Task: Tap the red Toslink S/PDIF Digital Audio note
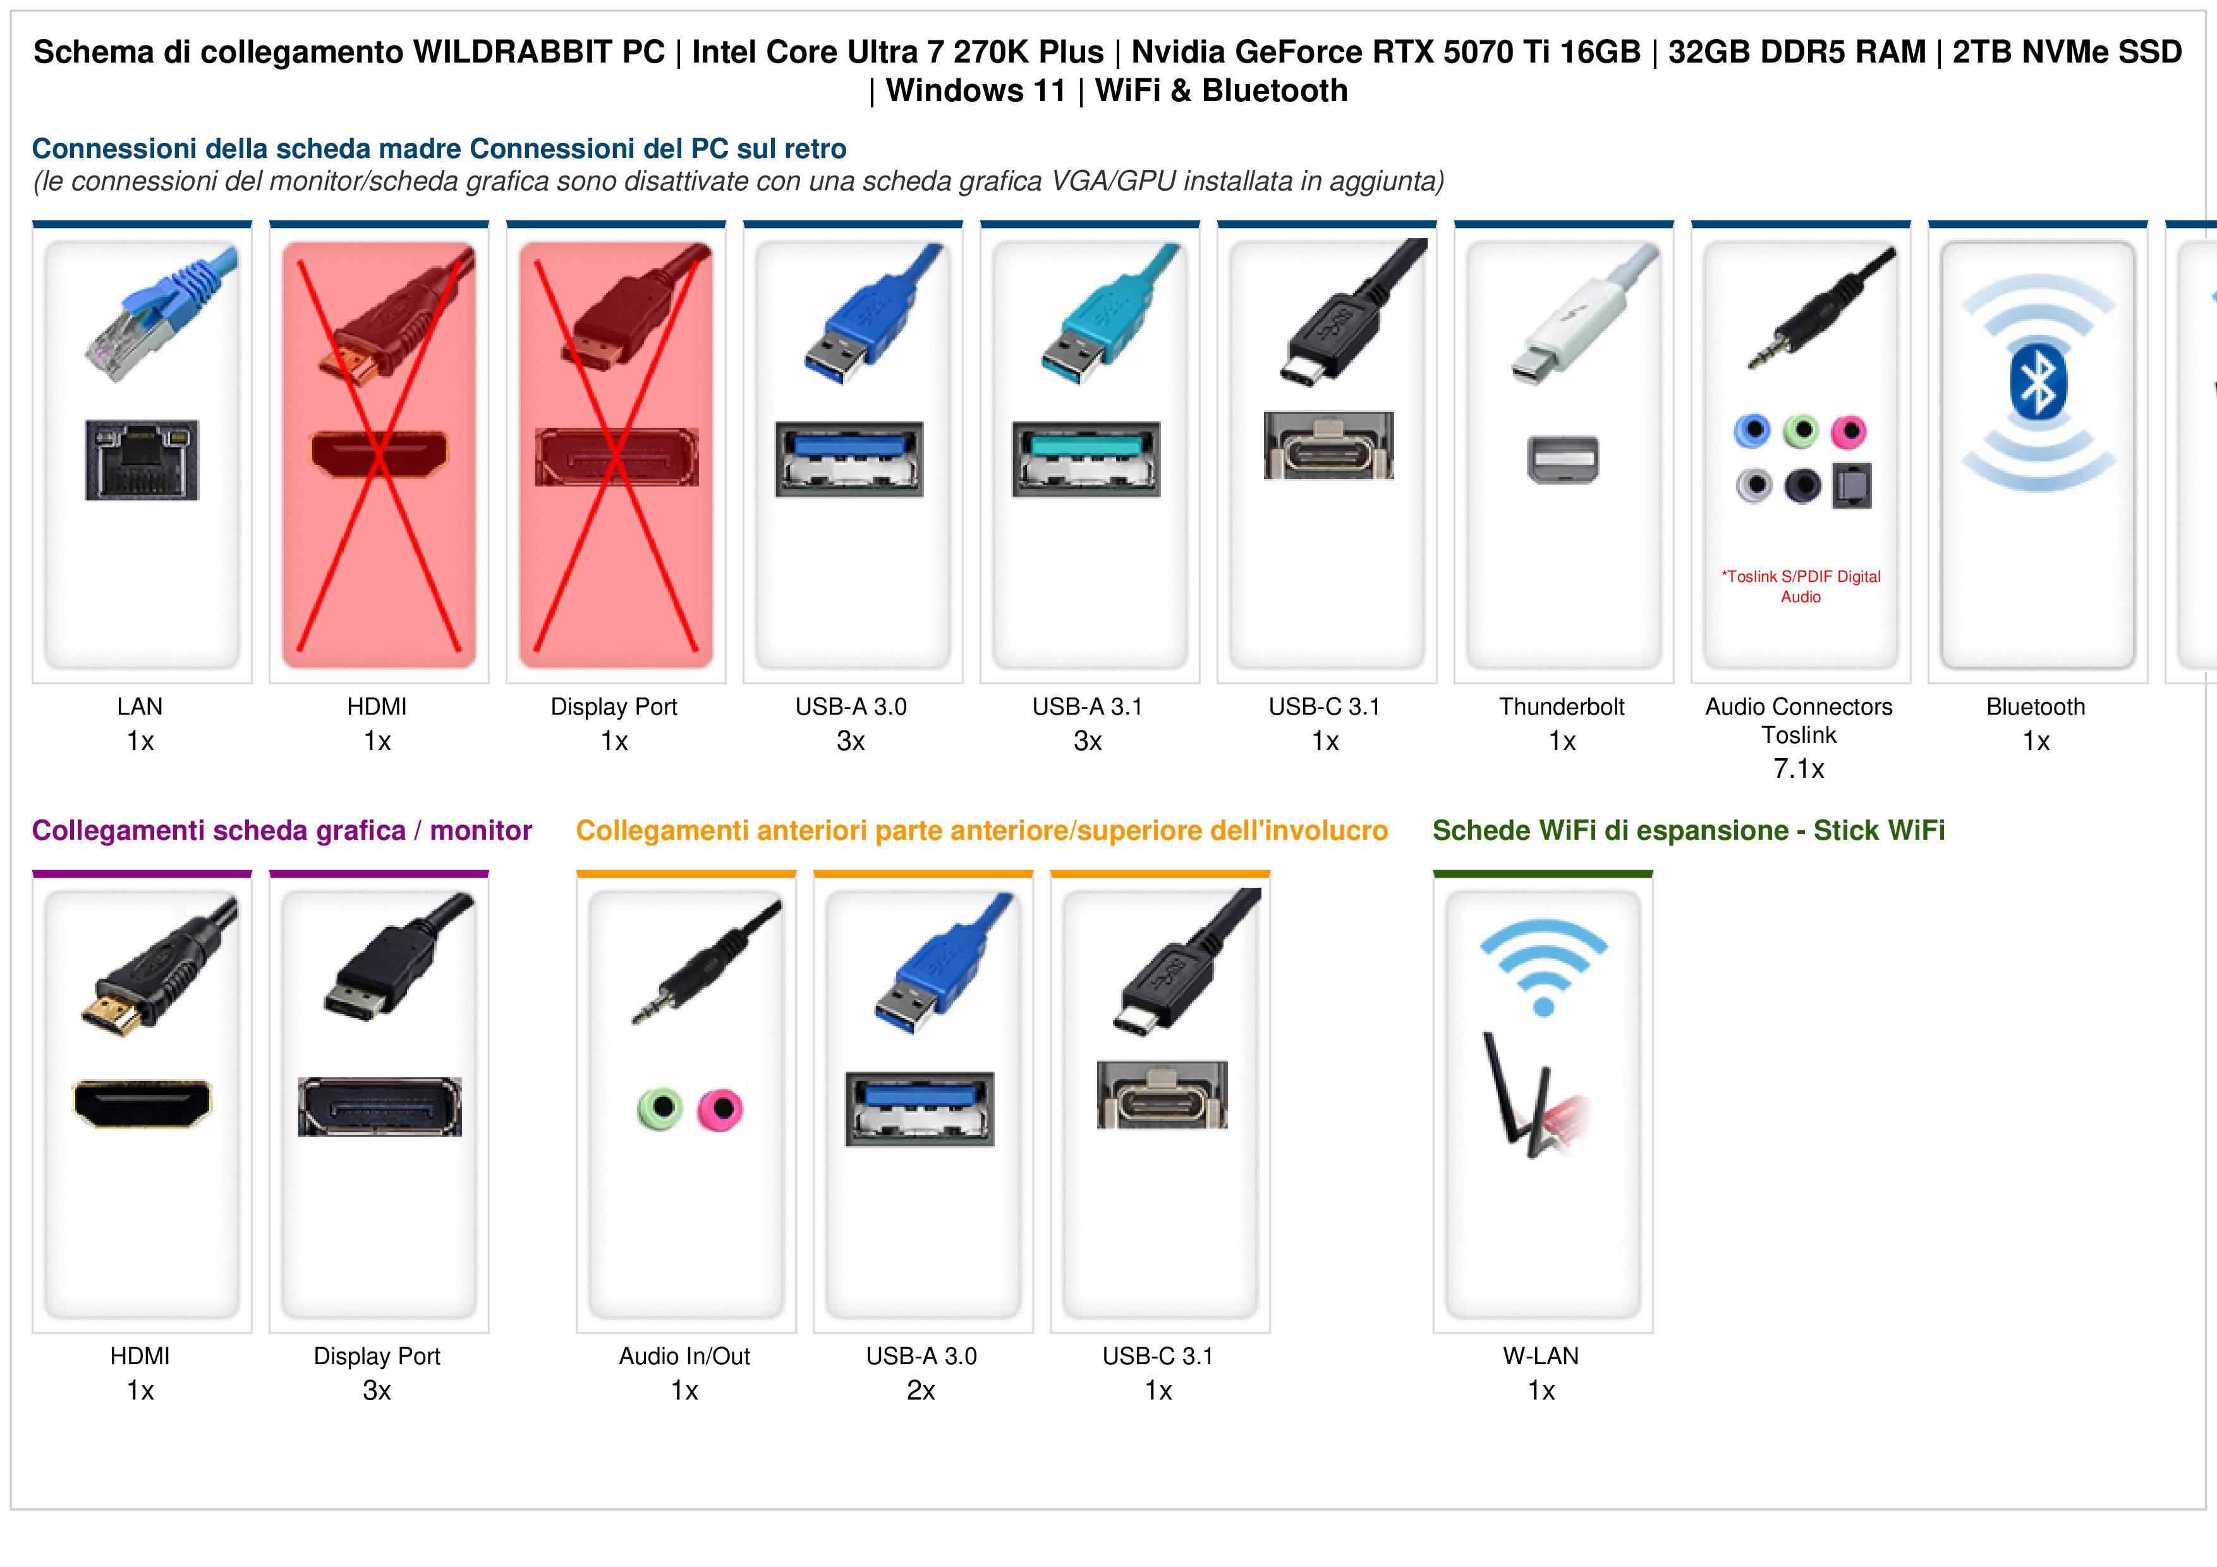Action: (1801, 586)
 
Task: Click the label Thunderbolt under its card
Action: (1562, 707)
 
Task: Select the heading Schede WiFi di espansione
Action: (1610, 830)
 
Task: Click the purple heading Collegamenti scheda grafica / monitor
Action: (282, 830)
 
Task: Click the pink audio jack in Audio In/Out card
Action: (720, 1110)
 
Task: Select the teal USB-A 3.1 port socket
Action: (1086, 459)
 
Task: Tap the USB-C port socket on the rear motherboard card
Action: (1328, 445)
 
